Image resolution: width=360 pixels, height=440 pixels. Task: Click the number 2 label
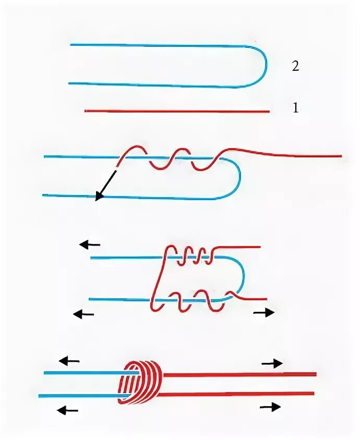coord(296,66)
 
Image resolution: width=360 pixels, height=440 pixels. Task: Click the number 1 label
coord(296,108)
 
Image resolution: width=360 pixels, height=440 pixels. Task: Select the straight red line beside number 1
coord(177,111)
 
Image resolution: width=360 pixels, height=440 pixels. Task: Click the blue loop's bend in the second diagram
coord(238,177)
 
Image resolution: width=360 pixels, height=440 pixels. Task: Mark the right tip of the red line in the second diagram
coord(340,155)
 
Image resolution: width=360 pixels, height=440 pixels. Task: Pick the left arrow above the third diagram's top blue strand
coord(90,244)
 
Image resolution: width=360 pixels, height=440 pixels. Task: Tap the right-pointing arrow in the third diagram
coord(263,313)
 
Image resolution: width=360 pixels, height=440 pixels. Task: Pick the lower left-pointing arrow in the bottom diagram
coord(68,410)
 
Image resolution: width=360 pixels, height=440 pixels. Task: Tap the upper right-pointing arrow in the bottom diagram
coord(272,363)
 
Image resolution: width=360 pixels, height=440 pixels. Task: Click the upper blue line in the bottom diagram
coord(83,373)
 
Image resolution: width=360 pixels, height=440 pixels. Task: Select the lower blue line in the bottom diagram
coord(81,396)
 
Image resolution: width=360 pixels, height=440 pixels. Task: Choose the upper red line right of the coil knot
coord(240,374)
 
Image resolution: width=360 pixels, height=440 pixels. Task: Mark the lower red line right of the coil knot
coord(240,394)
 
